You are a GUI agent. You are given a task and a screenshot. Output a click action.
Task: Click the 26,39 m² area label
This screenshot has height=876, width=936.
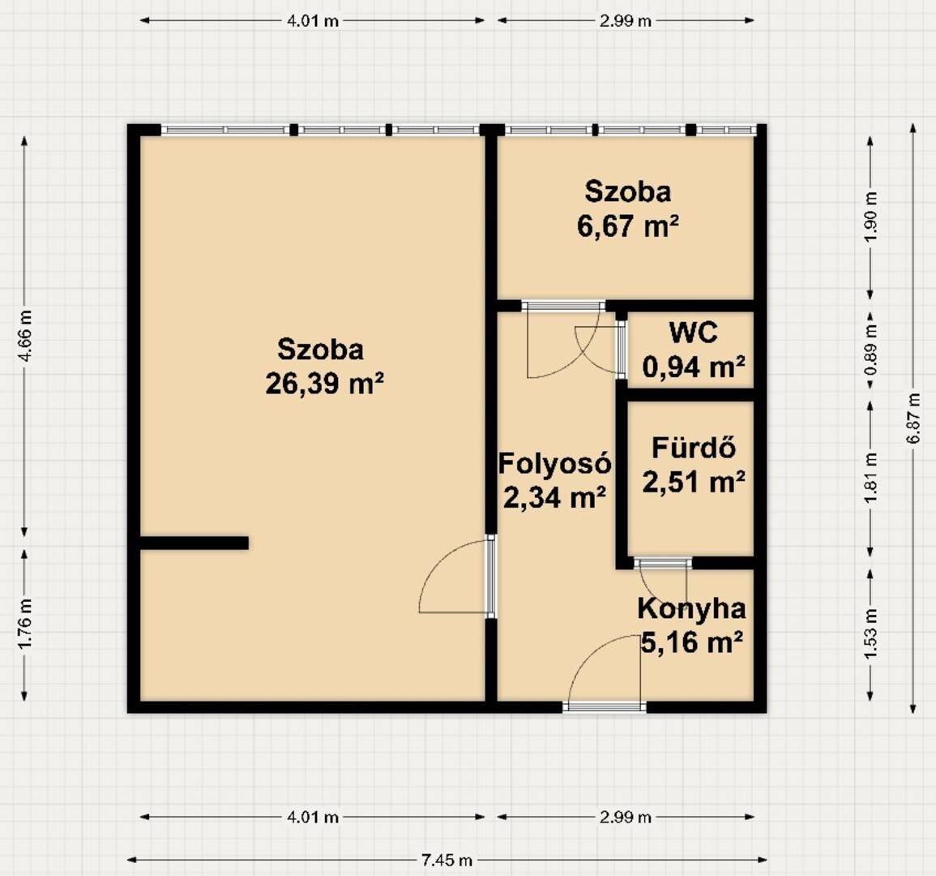[x=324, y=383]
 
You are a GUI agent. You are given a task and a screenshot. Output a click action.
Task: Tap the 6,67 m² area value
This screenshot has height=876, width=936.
[x=628, y=225]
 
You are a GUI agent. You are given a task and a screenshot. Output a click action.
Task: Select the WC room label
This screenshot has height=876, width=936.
[x=693, y=333]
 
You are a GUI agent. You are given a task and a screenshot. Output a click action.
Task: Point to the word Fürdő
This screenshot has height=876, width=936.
[x=693, y=448]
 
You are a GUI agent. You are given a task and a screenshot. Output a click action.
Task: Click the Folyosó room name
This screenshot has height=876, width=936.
[x=554, y=463]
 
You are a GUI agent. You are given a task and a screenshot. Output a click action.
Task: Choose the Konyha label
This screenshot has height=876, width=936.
[x=691, y=609]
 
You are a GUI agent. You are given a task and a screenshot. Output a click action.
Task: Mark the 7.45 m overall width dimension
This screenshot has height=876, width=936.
[x=447, y=861]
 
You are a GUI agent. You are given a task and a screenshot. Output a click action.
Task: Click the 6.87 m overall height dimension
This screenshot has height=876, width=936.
[x=912, y=419]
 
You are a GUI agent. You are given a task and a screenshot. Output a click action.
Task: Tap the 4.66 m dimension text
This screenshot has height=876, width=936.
[x=25, y=337]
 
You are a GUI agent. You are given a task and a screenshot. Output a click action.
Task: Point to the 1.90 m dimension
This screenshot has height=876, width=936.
[x=871, y=217]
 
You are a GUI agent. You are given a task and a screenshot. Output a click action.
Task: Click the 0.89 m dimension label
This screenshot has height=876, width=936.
[x=871, y=350]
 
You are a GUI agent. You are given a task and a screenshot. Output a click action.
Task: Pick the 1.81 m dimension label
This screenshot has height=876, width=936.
[x=871, y=478]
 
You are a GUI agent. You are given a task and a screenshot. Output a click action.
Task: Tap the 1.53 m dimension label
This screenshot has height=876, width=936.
[x=871, y=634]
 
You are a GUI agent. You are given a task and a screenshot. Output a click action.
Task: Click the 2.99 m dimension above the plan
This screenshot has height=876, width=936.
[x=626, y=21]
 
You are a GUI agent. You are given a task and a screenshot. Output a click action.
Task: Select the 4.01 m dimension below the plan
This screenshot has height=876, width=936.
[x=313, y=817]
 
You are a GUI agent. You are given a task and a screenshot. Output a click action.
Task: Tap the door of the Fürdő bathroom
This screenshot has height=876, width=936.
[x=663, y=563]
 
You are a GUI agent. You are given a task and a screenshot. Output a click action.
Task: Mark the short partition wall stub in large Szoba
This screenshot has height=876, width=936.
[x=194, y=543]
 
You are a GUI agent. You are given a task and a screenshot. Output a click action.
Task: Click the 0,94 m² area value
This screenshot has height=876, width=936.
[x=694, y=367]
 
